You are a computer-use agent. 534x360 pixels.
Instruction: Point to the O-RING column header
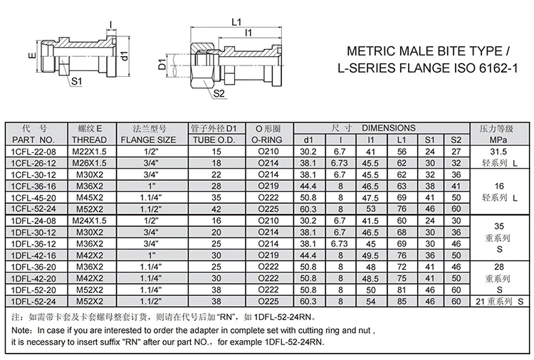268,140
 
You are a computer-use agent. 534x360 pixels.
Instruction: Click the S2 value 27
456,152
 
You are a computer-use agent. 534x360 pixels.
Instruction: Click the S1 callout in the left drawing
75,81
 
